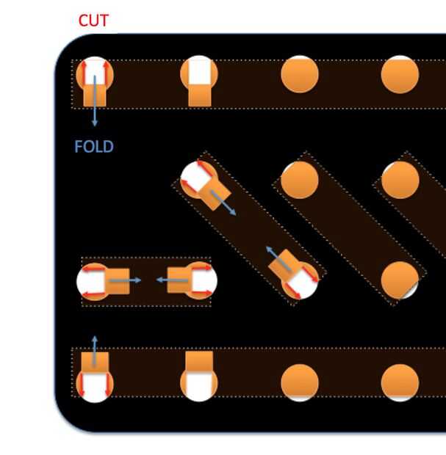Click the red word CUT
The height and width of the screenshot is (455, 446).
tap(93, 21)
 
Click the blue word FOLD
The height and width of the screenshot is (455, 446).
tap(94, 147)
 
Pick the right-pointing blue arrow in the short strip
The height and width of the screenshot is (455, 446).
tap(128, 280)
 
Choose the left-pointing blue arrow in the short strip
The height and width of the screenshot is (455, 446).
tap(168, 280)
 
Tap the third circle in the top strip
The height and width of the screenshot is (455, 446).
tap(300, 74)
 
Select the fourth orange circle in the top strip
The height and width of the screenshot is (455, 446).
tap(400, 74)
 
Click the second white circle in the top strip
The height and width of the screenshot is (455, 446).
tap(199, 71)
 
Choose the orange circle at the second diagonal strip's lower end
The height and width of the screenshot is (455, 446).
tap(400, 280)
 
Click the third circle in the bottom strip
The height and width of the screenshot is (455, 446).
tap(300, 382)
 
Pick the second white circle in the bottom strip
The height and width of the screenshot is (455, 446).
tap(199, 384)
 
